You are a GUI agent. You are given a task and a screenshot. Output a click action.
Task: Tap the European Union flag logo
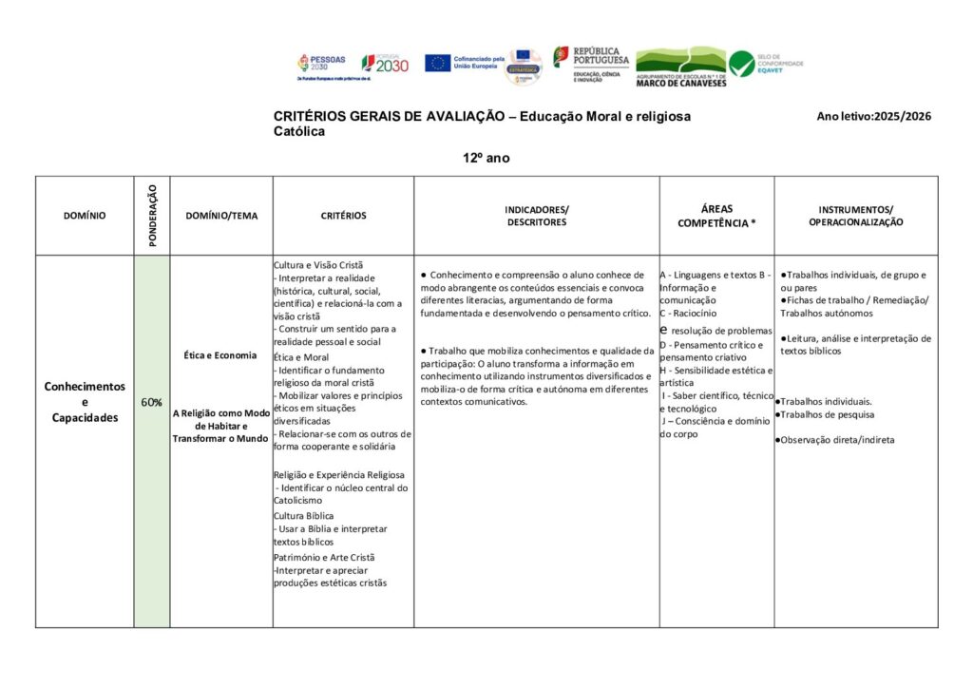(x=437, y=63)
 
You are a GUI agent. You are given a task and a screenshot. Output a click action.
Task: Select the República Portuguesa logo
(x=585, y=63)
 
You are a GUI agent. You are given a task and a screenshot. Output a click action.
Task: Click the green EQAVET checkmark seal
(x=742, y=64)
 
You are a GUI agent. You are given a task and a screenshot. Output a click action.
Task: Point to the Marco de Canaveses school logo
(x=679, y=67)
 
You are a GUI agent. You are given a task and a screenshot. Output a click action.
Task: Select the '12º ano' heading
(x=486, y=158)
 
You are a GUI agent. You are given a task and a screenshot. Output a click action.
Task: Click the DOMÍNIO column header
(x=85, y=216)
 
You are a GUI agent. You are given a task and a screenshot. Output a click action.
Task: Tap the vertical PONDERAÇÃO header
(x=152, y=216)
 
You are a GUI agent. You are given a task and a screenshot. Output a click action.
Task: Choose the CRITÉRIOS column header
(x=343, y=216)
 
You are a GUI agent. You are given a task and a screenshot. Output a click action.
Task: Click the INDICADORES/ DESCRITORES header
(x=536, y=216)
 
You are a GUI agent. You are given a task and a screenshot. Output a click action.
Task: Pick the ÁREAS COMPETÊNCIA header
(x=716, y=216)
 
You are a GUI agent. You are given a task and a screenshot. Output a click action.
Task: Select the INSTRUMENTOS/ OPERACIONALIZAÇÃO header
(x=855, y=216)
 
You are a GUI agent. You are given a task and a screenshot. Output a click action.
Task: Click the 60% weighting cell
(x=151, y=402)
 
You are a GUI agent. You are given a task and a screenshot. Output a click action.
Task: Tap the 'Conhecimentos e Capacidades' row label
(x=85, y=402)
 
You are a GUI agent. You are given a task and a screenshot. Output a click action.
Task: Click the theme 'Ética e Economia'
(x=220, y=355)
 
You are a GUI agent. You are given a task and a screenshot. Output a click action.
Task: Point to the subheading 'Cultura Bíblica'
(x=304, y=516)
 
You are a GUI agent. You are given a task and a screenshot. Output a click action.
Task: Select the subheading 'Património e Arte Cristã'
(x=324, y=557)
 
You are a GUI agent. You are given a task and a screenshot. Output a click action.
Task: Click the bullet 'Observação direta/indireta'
(x=837, y=440)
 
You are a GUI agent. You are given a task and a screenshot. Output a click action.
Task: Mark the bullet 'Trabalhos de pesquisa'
(x=827, y=414)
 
